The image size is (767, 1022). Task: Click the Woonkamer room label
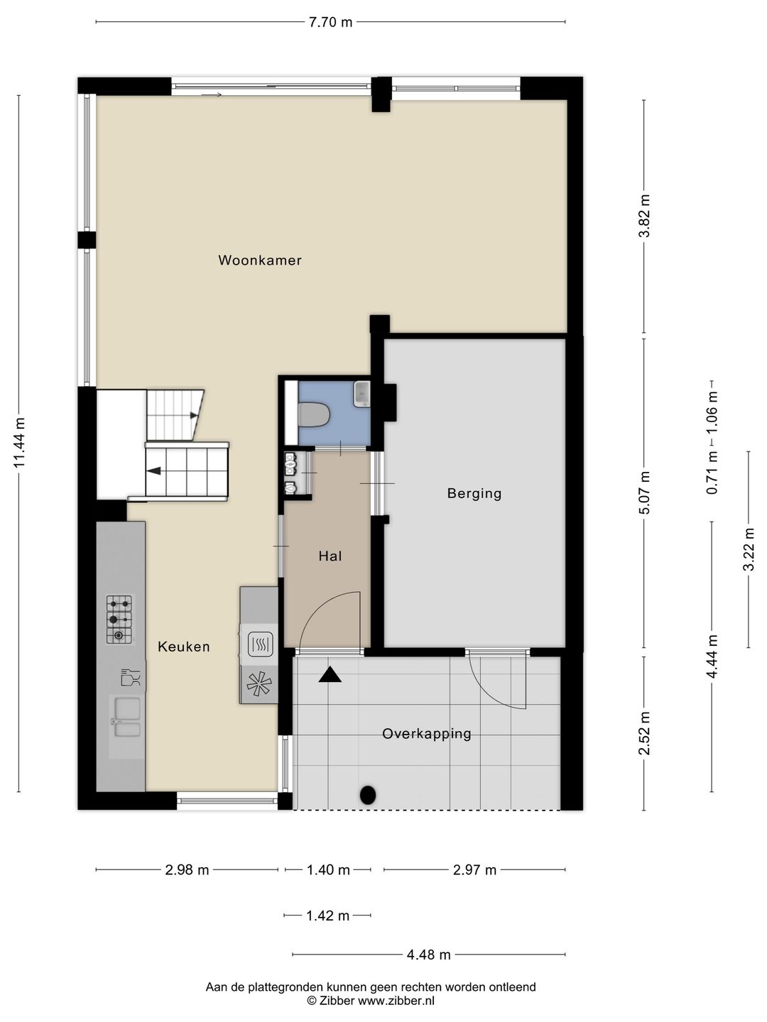pyautogui.click(x=260, y=260)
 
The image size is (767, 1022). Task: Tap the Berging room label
pyautogui.click(x=474, y=493)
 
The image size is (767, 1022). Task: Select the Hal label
pyautogui.click(x=330, y=556)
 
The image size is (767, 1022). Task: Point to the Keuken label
pyautogui.click(x=183, y=647)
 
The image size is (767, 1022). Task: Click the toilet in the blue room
pyautogui.click(x=314, y=414)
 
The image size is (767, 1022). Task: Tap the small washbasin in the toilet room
pyautogui.click(x=361, y=395)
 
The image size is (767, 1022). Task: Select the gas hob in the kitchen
pyautogui.click(x=119, y=620)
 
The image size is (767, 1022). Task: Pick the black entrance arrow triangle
pyautogui.click(x=330, y=675)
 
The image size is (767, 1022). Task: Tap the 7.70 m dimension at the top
pyautogui.click(x=331, y=22)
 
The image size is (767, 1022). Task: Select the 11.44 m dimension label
pyautogui.click(x=18, y=443)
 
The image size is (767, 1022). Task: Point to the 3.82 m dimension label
pyautogui.click(x=644, y=216)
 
